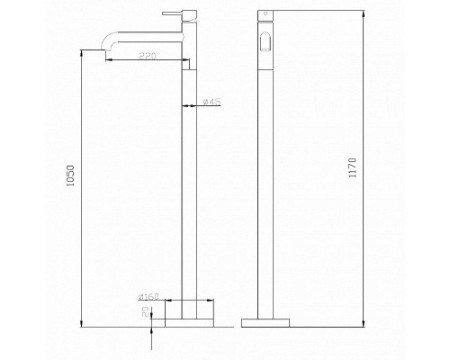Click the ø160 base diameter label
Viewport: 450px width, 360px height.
click(x=149, y=297)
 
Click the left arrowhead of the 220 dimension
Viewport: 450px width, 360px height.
click(x=107, y=61)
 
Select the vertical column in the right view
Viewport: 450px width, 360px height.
click(x=265, y=180)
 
